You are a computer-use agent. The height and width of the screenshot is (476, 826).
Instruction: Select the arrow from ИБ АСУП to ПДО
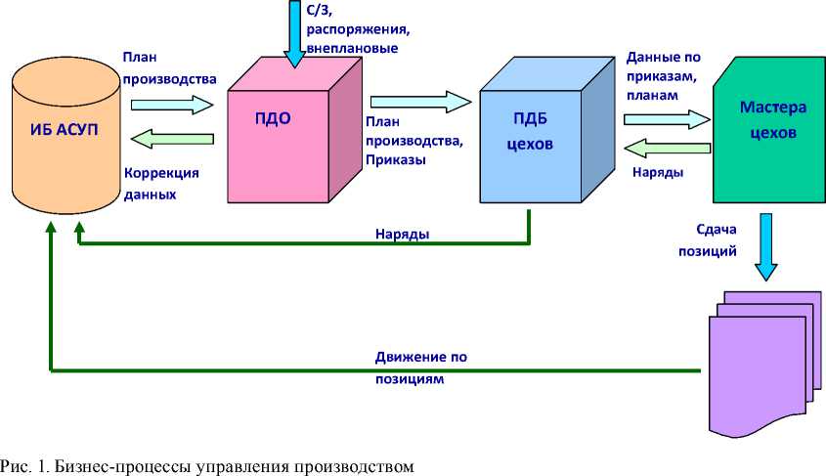pos(172,102)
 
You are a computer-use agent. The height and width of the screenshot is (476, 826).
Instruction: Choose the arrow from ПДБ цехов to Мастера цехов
pos(666,117)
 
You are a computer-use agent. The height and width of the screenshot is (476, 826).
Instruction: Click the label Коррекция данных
pos(160,183)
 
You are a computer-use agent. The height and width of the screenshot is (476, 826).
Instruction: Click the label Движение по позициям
pos(420,368)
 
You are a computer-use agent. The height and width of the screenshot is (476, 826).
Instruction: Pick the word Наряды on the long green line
pos(402,234)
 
